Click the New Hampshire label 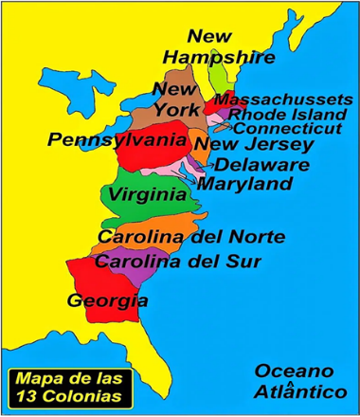(218, 47)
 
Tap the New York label (175, 99)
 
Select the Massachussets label (283, 100)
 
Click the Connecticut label (289, 128)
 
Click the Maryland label (244, 183)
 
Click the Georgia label (107, 301)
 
